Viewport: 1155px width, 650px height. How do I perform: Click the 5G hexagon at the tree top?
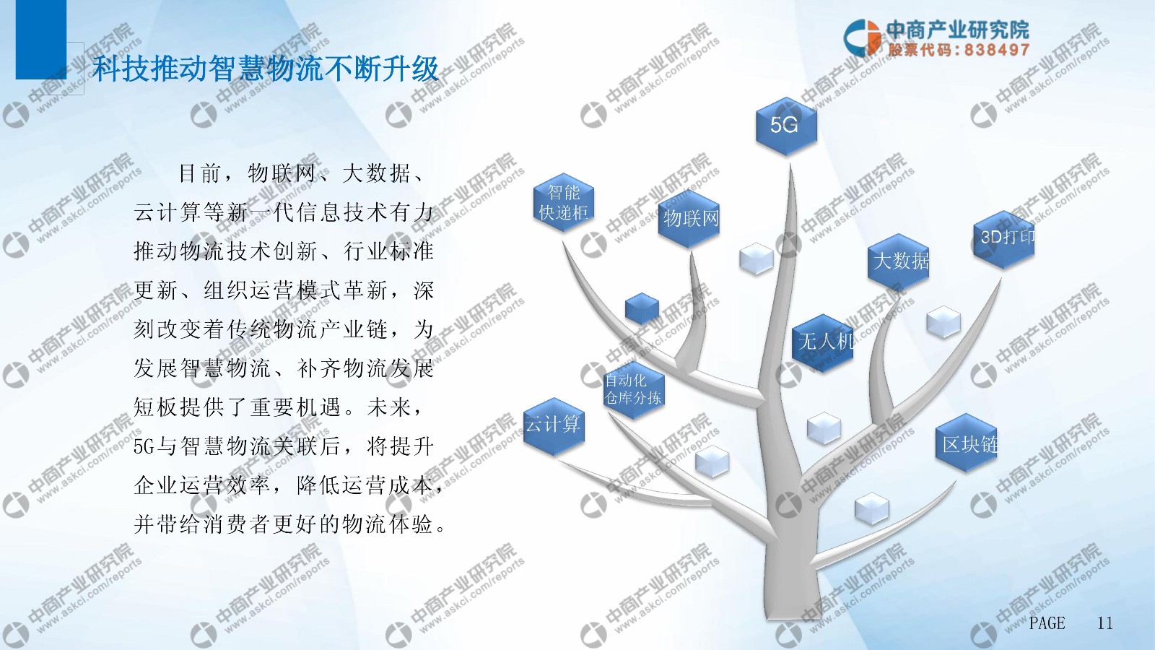(786, 126)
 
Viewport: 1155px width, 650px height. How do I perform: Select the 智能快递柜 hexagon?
(564, 202)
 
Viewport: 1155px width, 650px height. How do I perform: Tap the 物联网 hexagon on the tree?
(689, 220)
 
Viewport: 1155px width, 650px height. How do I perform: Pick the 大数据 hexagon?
(898, 262)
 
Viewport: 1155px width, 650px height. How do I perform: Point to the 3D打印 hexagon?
(1004, 239)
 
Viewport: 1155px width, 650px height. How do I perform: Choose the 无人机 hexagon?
(823, 342)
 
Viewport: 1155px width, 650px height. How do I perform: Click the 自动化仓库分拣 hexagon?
(634, 389)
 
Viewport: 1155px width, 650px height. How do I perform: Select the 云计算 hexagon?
(554, 427)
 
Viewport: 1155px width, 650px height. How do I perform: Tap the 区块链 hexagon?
(967, 443)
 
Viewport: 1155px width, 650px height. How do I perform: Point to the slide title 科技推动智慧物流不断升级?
(265, 69)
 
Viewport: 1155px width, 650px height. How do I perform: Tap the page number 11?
(1104, 623)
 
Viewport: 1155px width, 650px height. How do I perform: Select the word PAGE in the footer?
(1047, 623)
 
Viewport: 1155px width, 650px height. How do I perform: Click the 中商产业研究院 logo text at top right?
(958, 30)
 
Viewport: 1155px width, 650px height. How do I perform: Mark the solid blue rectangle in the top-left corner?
(41, 40)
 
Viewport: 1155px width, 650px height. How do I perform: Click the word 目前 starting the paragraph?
(200, 173)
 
